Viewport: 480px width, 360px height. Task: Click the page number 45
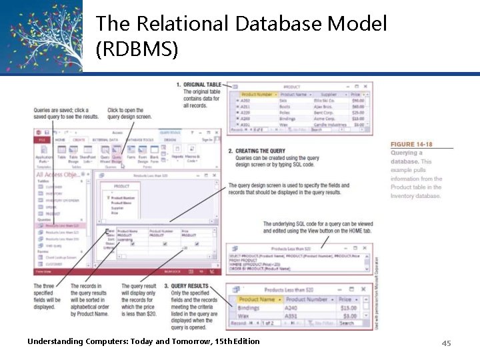tap(446, 343)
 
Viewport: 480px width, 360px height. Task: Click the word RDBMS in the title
tap(136, 49)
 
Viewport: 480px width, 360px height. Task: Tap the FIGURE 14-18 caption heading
tap(411, 144)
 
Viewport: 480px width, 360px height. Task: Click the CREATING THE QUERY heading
tap(261, 151)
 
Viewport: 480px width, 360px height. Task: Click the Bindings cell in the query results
tap(249, 308)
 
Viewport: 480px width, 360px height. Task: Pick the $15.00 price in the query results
tap(347, 308)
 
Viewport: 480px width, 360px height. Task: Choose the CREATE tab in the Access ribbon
tap(79, 140)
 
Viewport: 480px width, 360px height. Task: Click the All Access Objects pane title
tap(62, 175)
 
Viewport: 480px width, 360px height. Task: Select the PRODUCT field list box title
tap(121, 187)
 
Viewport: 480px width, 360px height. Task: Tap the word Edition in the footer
tap(241, 341)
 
